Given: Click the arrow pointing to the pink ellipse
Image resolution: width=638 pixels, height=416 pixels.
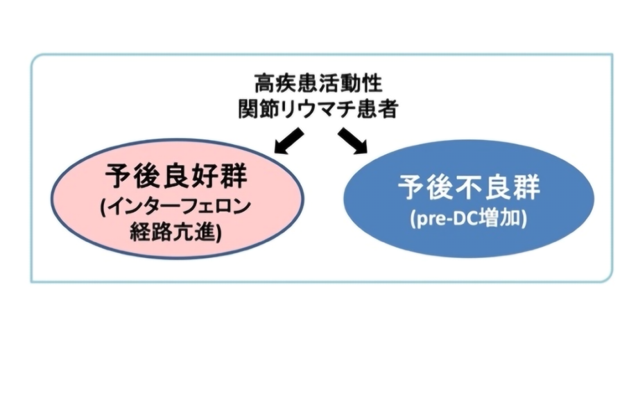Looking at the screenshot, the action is pyautogui.click(x=289, y=141).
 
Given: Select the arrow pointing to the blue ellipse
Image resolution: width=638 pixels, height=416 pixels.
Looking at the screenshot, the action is pyautogui.click(x=352, y=141).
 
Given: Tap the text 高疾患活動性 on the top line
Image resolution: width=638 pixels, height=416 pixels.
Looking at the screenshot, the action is pyautogui.click(x=318, y=83).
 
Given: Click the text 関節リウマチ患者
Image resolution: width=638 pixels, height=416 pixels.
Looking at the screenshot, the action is pyautogui.click(x=318, y=109).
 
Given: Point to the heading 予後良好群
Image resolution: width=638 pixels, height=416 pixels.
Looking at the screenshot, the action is pyautogui.click(x=176, y=175).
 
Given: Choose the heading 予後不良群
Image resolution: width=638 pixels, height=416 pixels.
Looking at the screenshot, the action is pyautogui.click(x=469, y=187).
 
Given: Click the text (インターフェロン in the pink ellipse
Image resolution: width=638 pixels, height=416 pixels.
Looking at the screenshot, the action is pyautogui.click(x=175, y=207).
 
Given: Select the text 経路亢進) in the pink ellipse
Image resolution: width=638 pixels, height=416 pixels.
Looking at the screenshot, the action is pyautogui.click(x=176, y=232).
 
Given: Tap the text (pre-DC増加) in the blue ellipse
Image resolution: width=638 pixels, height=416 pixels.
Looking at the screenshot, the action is pyautogui.click(x=469, y=218).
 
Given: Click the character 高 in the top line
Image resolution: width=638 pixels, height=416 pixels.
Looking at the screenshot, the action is pyautogui.click(x=265, y=83).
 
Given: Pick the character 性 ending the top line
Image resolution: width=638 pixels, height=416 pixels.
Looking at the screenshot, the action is pyautogui.click(x=372, y=83).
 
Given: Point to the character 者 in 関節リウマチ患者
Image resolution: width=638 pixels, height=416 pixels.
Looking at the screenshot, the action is pyautogui.click(x=387, y=109).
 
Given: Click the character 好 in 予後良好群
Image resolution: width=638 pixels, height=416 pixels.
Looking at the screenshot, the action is pyautogui.click(x=205, y=175).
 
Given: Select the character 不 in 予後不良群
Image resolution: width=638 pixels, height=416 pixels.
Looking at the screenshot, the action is pyautogui.click(x=469, y=187).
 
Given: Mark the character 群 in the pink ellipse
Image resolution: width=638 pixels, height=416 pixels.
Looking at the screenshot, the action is pyautogui.click(x=234, y=175).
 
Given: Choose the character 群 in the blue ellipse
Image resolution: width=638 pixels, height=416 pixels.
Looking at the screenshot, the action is pyautogui.click(x=526, y=187).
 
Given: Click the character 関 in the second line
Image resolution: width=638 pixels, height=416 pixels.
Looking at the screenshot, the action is pyautogui.click(x=248, y=109).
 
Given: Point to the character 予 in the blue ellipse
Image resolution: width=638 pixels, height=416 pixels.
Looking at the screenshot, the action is pyautogui.click(x=411, y=187).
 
